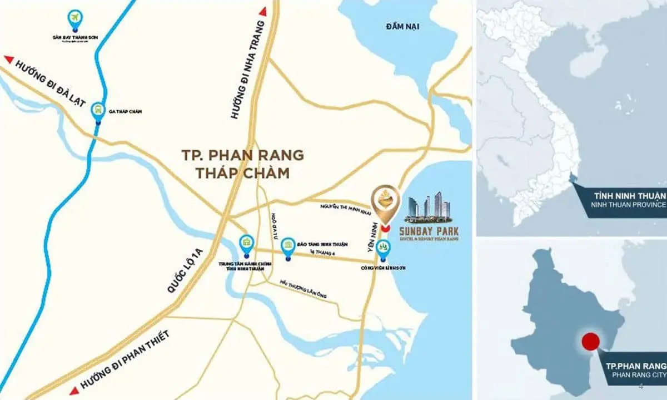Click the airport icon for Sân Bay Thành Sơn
click(73, 18)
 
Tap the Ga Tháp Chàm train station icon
click(98, 109)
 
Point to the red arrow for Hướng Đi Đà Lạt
click(8, 58)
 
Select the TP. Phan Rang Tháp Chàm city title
click(243, 164)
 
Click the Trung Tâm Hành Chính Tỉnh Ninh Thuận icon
click(246, 243)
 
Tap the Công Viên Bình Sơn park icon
click(383, 246)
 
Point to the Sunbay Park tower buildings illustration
click(429, 205)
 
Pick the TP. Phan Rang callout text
click(635, 366)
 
